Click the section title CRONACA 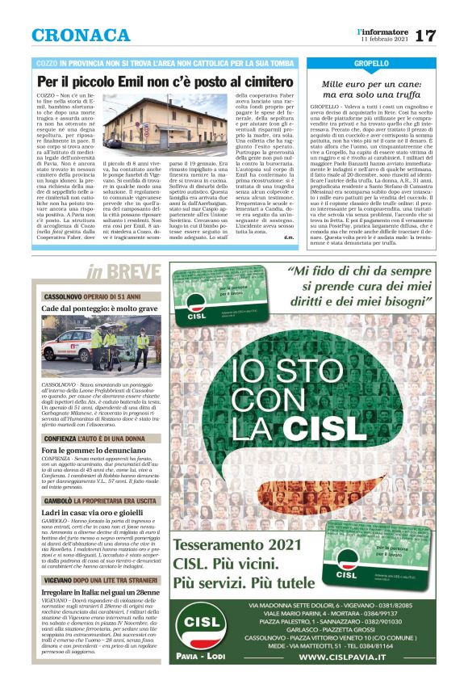pos(81,36)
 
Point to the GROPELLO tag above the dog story pos(372,63)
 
